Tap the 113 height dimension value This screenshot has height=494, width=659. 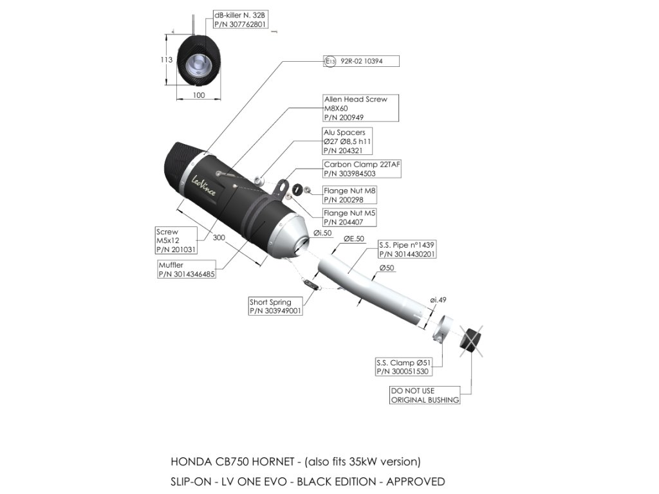click(x=166, y=60)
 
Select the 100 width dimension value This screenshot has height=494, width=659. click(x=198, y=95)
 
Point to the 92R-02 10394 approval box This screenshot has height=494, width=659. click(x=361, y=61)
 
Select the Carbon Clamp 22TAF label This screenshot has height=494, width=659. click(x=362, y=169)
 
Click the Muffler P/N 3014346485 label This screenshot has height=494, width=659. click(x=187, y=269)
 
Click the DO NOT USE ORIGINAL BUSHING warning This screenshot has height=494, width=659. click(x=425, y=395)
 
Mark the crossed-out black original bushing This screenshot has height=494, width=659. click(x=472, y=341)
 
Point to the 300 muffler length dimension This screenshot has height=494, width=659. click(x=219, y=237)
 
